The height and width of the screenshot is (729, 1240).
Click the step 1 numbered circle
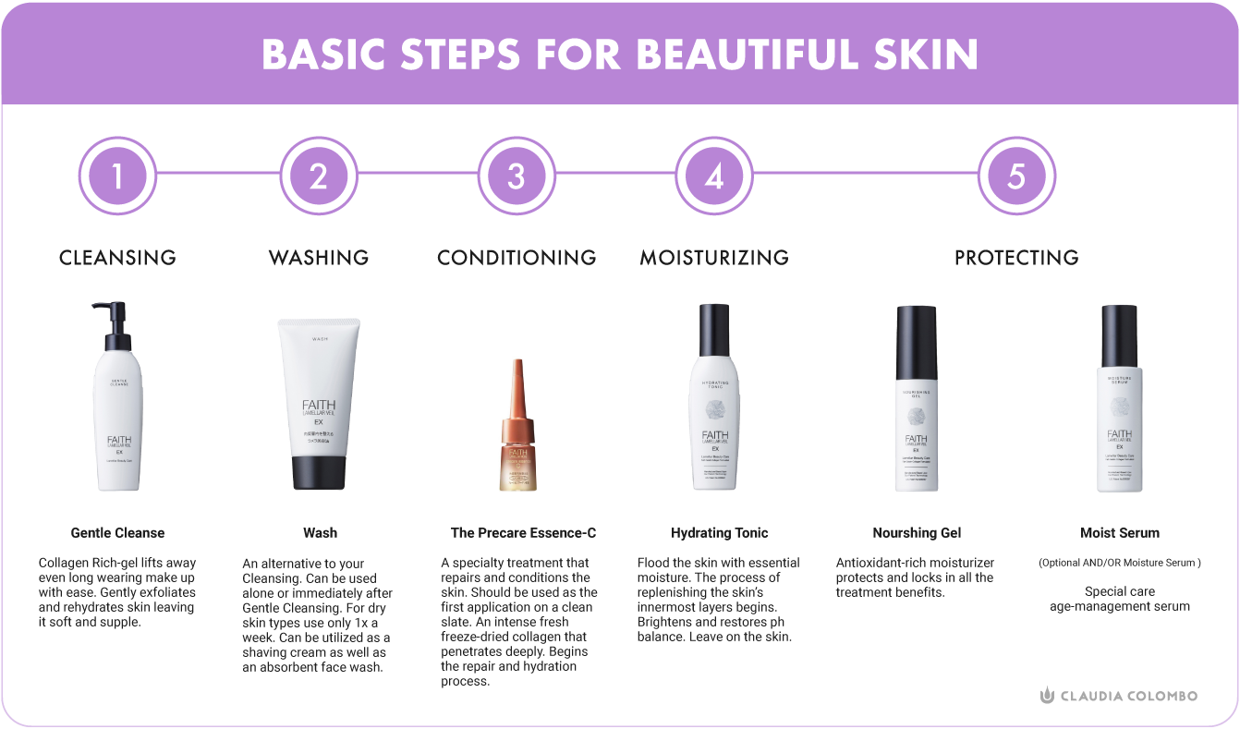click(x=117, y=176)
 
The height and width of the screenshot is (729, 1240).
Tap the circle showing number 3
click(x=516, y=176)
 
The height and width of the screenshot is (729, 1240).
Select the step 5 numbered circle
click(x=1016, y=176)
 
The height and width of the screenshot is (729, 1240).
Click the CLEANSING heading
click(x=117, y=257)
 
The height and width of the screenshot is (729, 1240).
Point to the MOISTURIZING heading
click(x=714, y=257)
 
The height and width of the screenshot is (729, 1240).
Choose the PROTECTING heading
click(x=1016, y=257)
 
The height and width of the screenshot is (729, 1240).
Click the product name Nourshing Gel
click(x=917, y=533)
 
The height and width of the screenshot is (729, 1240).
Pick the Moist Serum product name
click(x=1119, y=533)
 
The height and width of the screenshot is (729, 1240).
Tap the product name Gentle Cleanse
click(x=117, y=533)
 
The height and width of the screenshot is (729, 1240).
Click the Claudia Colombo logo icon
click(x=1047, y=696)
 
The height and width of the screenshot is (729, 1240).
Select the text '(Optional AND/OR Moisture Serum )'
click(x=1119, y=563)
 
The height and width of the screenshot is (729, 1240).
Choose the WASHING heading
click(x=319, y=257)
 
